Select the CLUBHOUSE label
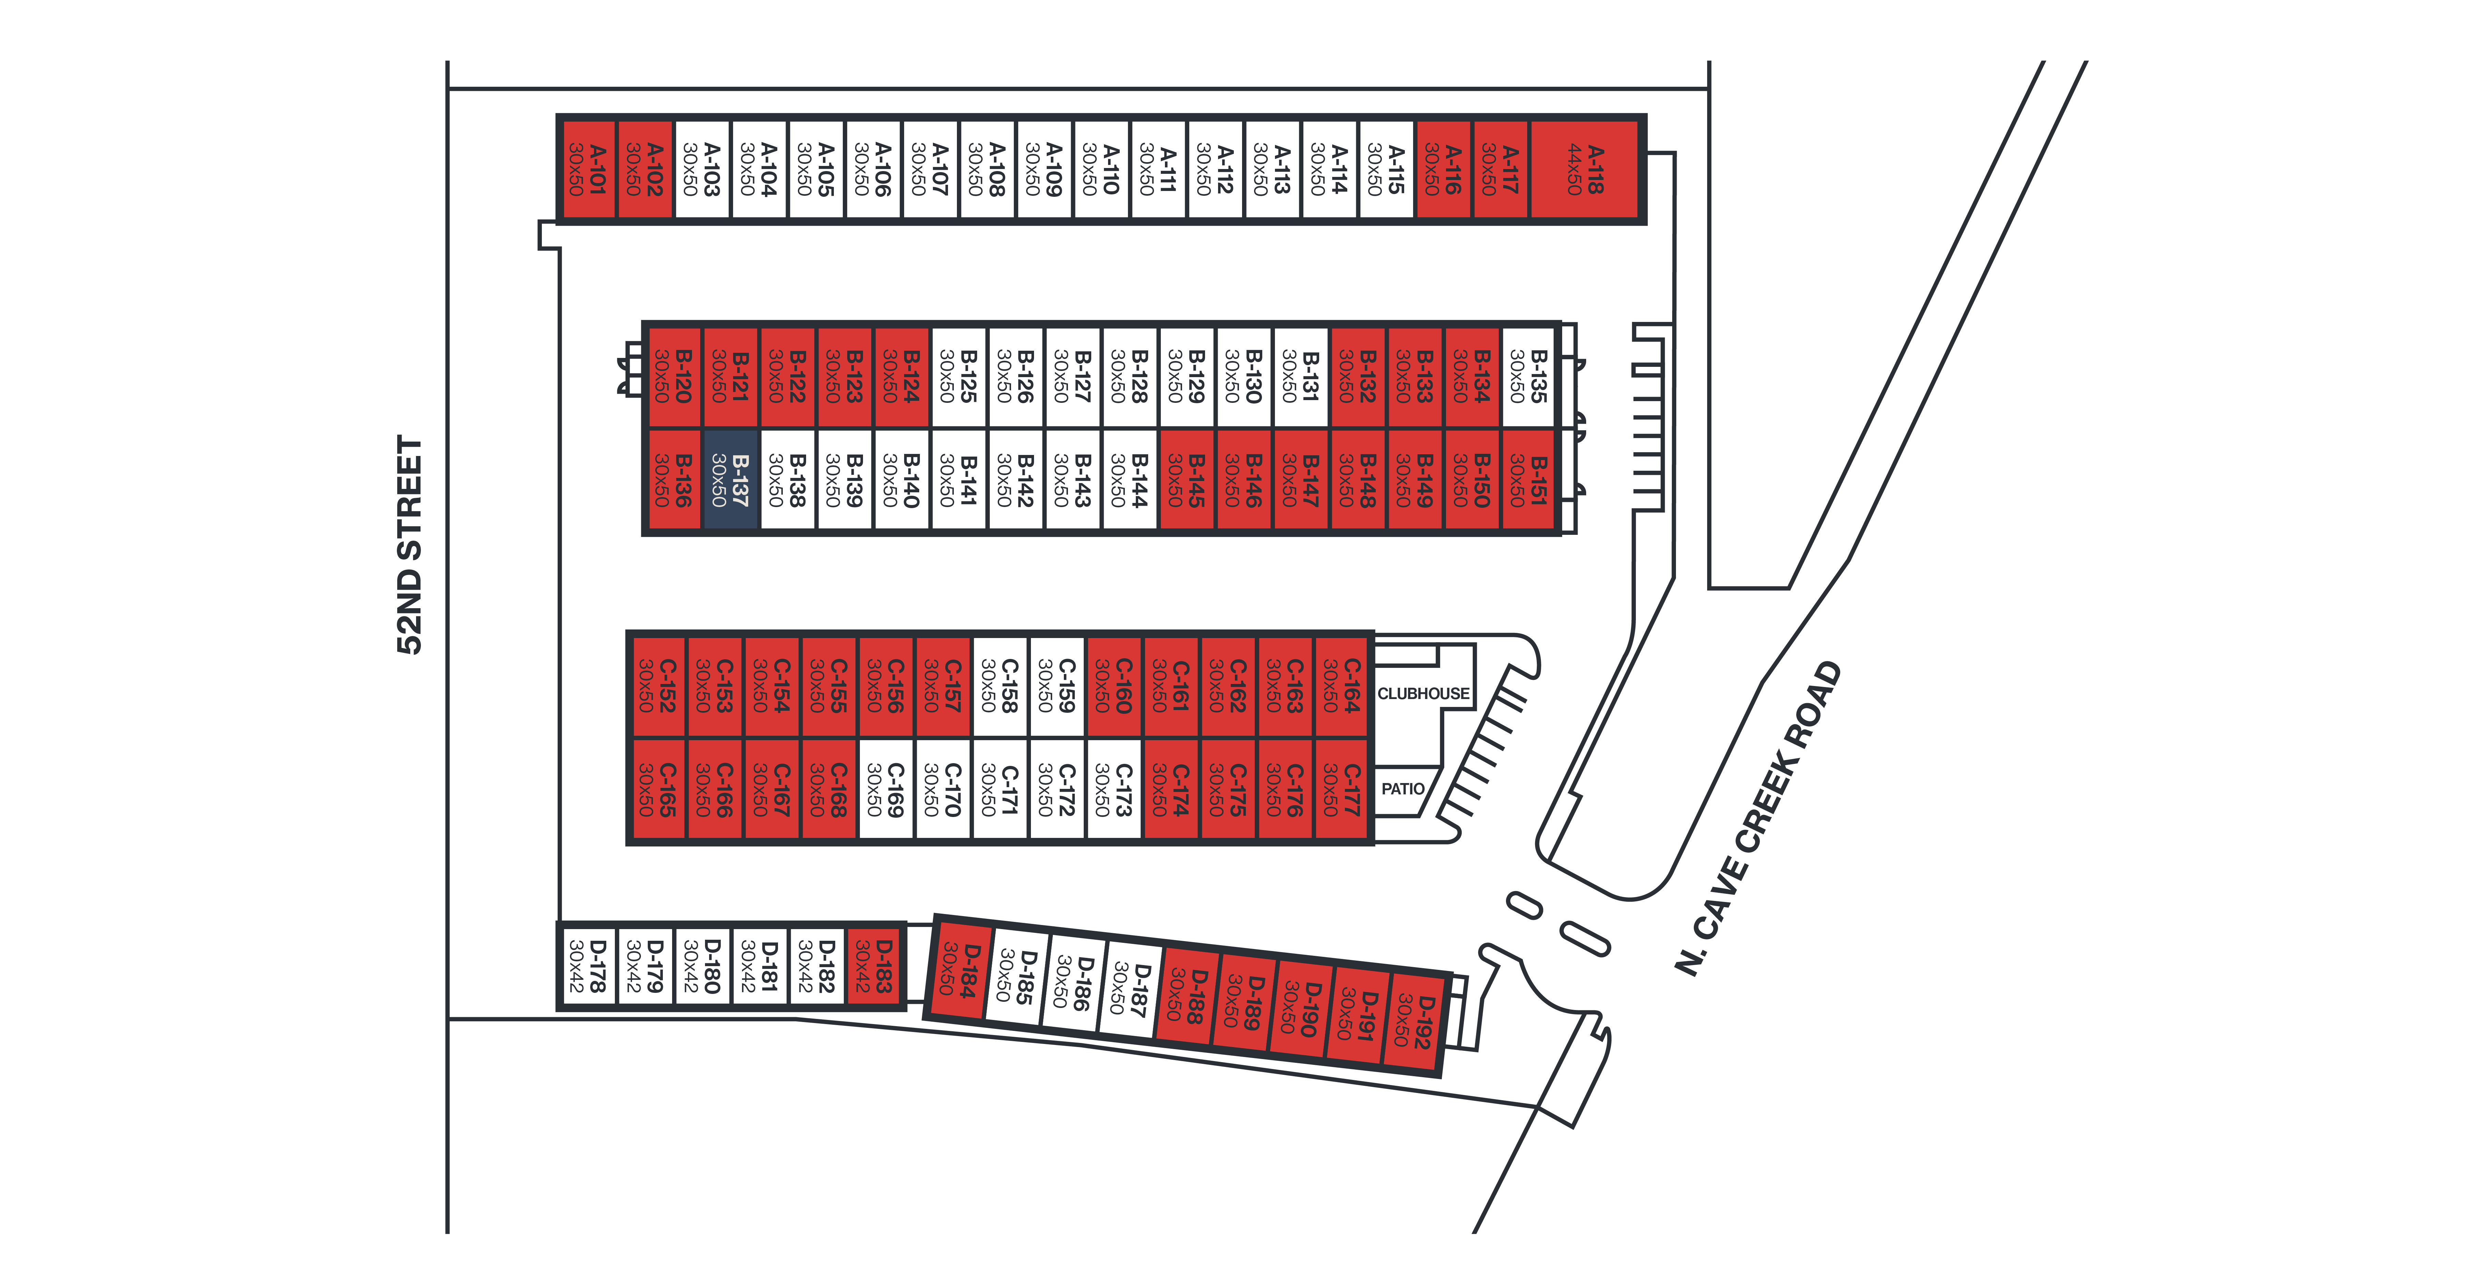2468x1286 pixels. (1423, 693)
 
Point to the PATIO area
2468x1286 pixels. (1402, 789)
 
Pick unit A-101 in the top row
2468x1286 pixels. (586, 170)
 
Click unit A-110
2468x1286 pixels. (1101, 170)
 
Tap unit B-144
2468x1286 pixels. (1130, 479)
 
